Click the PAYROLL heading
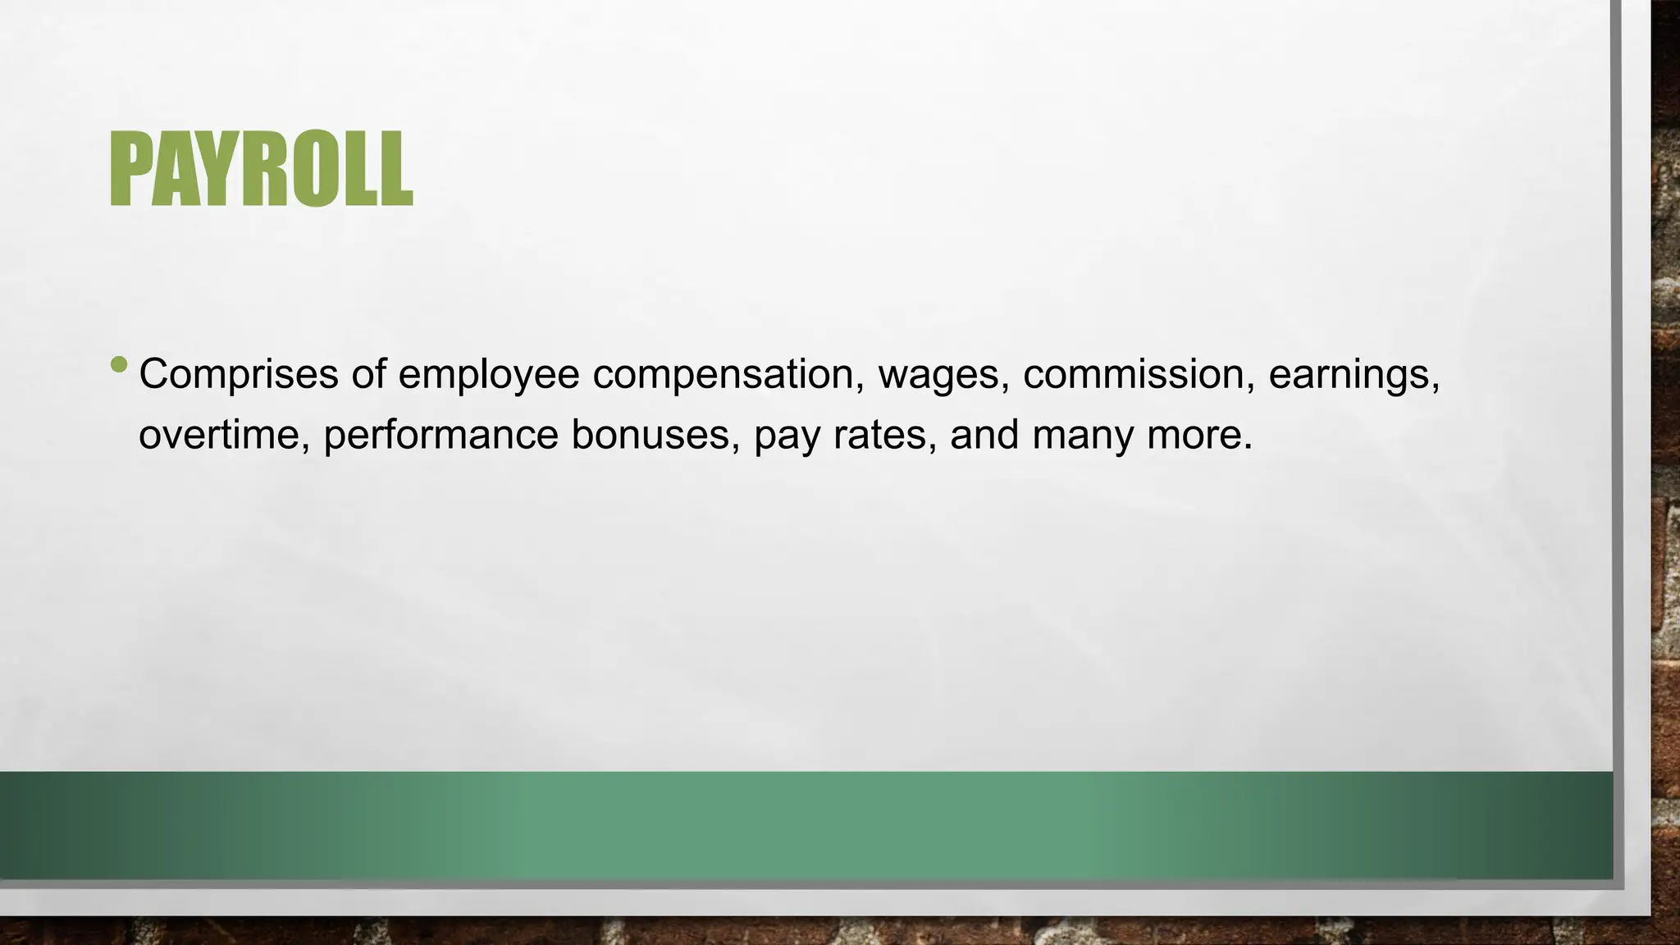point(261,169)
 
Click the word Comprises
point(239,374)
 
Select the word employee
point(489,374)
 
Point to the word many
point(1082,435)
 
